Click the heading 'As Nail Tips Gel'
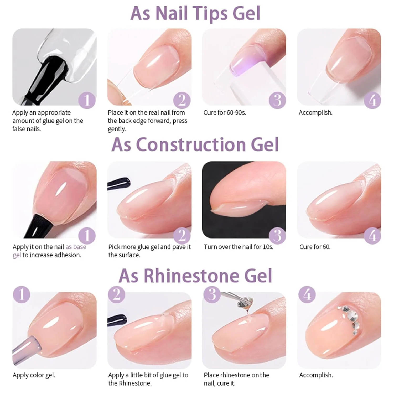(195, 13)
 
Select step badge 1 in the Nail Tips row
(87, 100)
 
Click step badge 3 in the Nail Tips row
(277, 100)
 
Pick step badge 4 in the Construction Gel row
(372, 236)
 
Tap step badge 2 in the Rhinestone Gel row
(117, 294)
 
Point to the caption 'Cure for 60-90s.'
(225, 113)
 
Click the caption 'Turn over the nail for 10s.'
(239, 247)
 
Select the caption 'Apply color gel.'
(34, 375)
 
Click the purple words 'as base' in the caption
(76, 247)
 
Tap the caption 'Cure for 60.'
(315, 247)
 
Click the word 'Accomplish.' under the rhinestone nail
(316, 375)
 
